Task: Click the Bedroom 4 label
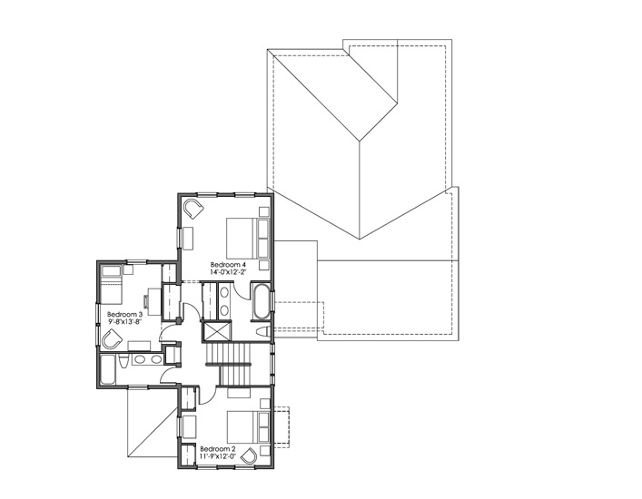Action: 228,264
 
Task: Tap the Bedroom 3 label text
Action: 125,315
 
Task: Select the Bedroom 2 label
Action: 218,449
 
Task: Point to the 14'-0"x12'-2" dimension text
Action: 228,272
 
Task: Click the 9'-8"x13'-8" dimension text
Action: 125,322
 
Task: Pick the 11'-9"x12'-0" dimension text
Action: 218,456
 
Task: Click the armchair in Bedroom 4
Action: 193,209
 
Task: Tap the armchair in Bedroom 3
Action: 112,340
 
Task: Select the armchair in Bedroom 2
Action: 249,455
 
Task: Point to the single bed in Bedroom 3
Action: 111,285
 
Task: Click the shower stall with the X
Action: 217,332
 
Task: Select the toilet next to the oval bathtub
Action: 262,331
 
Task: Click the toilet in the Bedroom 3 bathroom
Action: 123,361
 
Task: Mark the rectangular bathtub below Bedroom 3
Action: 108,370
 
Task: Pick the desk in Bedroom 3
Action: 154,301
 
